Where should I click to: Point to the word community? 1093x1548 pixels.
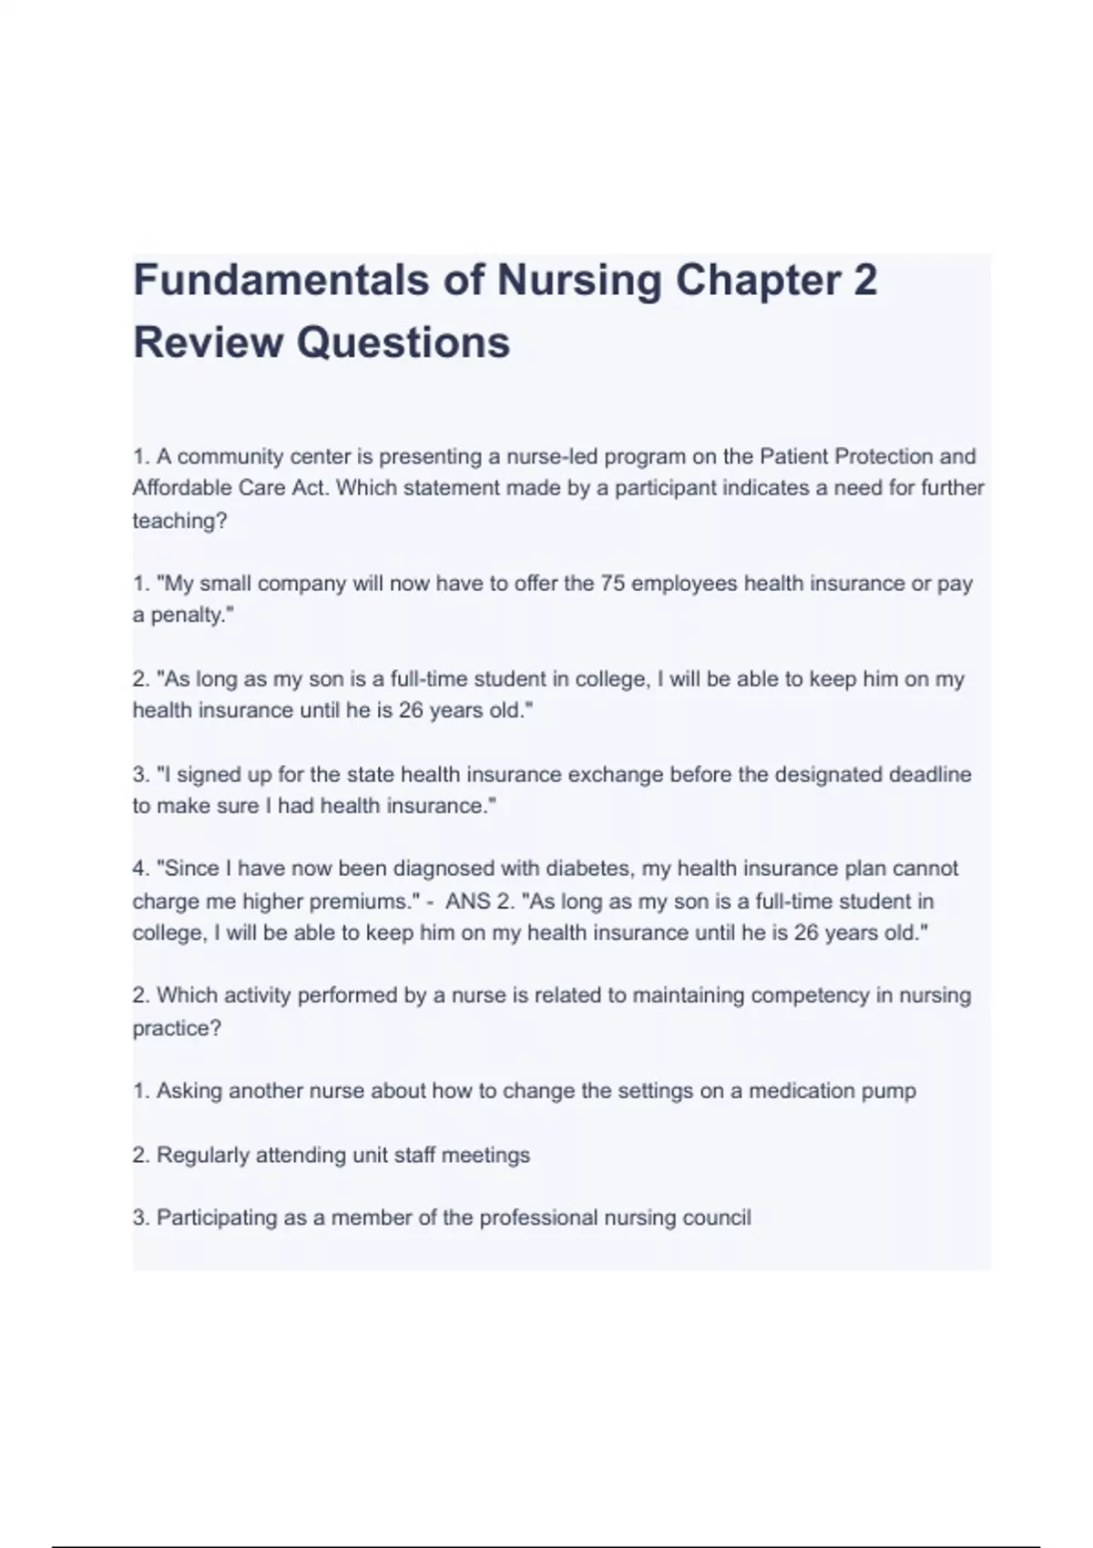coord(230,456)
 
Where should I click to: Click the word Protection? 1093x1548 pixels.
coord(881,456)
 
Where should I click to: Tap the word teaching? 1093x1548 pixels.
coord(179,521)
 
